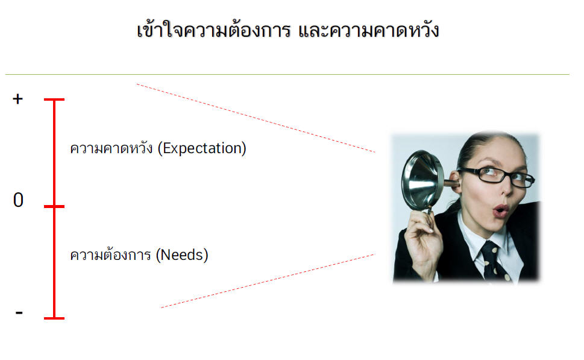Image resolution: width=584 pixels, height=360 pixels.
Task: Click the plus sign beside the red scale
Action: point(18,99)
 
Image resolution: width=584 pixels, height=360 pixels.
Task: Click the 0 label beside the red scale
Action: point(18,200)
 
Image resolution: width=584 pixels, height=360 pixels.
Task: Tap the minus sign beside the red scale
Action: point(19,313)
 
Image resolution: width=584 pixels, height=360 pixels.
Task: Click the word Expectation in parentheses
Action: point(202,148)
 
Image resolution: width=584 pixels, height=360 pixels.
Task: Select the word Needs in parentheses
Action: point(182,255)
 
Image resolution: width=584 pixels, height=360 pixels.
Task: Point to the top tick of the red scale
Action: point(54,99)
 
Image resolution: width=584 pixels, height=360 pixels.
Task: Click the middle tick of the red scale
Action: point(54,206)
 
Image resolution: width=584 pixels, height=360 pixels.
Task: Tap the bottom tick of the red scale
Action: point(54,318)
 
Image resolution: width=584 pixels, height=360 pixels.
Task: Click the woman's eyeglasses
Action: point(497,175)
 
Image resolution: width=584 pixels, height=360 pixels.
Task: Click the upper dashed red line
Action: point(256,118)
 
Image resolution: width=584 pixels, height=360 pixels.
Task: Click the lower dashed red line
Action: point(268,281)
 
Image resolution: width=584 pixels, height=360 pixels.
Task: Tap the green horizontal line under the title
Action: point(287,75)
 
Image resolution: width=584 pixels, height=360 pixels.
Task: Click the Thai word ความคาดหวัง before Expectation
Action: point(111,148)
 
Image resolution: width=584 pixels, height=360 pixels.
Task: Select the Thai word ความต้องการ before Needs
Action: point(111,255)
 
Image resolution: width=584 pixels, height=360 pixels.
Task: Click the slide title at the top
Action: point(288,30)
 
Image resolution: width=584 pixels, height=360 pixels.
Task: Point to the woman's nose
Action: point(506,189)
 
